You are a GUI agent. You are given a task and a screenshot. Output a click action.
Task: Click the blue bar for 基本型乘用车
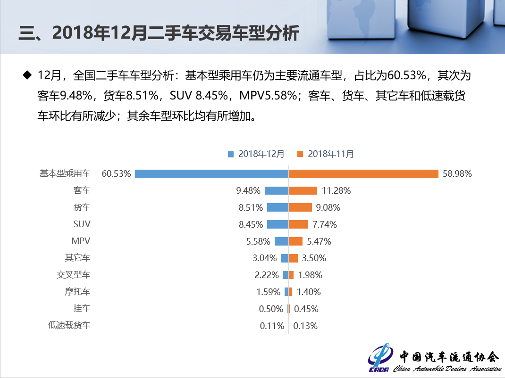(x=211, y=173)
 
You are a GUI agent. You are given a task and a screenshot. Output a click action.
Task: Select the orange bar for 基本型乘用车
(x=364, y=173)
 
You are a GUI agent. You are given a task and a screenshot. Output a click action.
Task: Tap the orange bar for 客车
(x=303, y=190)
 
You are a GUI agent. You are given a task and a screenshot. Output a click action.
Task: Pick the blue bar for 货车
(x=278, y=207)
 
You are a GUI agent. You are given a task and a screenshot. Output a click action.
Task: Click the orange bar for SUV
(x=298, y=224)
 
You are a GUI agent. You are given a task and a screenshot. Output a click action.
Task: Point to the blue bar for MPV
(x=281, y=241)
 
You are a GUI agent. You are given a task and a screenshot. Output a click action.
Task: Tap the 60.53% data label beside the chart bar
(x=116, y=173)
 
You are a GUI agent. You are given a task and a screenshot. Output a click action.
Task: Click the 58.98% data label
(x=457, y=173)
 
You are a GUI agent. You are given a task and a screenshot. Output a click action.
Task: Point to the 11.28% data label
(x=336, y=190)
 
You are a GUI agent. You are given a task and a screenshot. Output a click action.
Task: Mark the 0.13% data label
(x=305, y=326)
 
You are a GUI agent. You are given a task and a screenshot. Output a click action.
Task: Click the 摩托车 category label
(x=77, y=292)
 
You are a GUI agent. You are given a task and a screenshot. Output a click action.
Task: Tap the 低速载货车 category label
(x=69, y=325)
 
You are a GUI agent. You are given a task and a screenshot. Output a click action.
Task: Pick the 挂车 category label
(x=82, y=309)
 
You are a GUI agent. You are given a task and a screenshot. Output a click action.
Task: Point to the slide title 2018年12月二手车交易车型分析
(x=159, y=34)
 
